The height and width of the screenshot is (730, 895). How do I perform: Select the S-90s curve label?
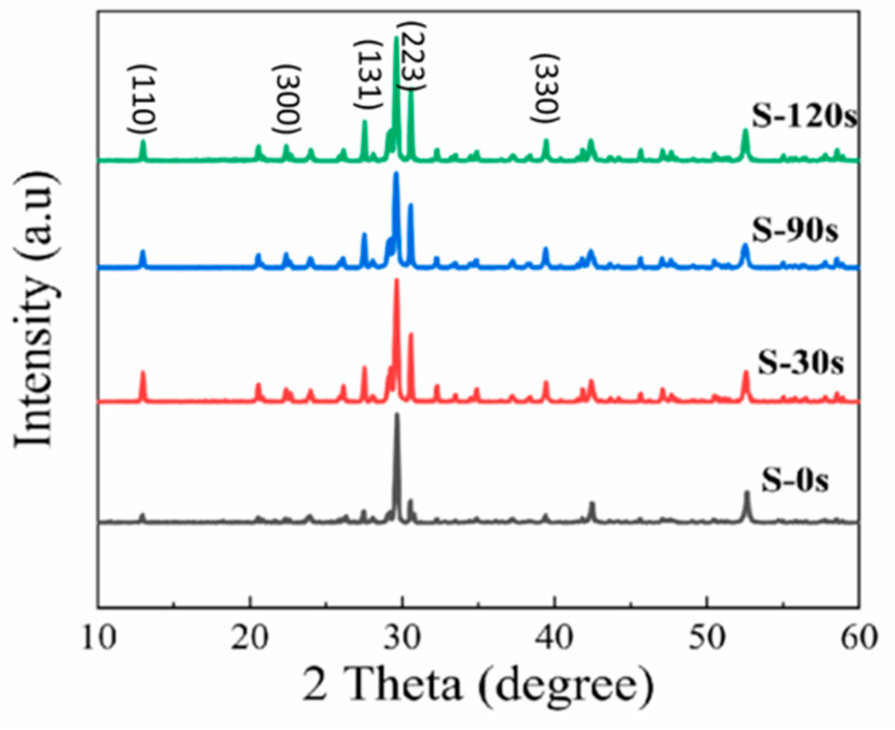tap(794, 231)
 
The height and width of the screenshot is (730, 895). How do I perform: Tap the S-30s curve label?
tap(800, 363)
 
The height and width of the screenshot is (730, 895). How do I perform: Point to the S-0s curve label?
tap(794, 480)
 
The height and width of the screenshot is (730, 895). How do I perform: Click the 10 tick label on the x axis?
tap(99, 637)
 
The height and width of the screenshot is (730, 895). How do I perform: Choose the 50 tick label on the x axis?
tap(707, 637)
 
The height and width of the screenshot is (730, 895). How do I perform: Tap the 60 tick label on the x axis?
tap(859, 637)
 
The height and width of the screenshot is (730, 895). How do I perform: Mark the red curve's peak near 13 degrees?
tap(143, 373)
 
